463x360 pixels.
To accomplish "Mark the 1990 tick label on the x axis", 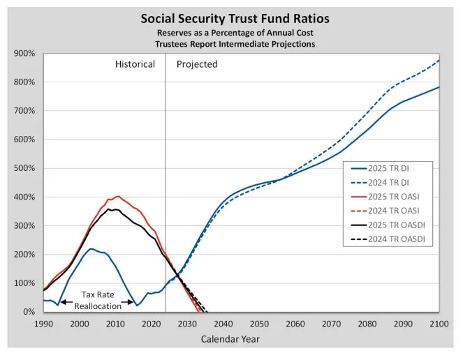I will [x=43, y=324].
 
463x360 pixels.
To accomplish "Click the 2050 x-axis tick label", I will [x=259, y=324].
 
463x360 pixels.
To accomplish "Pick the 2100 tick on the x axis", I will [x=439, y=324].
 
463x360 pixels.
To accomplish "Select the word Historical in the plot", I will [x=135, y=64].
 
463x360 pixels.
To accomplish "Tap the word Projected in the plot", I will [x=197, y=64].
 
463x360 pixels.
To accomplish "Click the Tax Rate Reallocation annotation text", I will [x=98, y=300].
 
